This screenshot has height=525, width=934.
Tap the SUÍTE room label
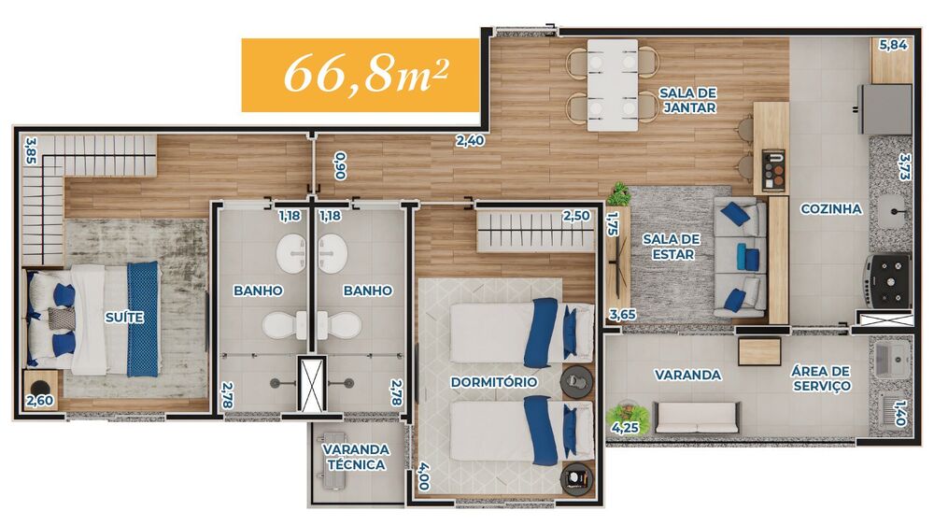pos(124,318)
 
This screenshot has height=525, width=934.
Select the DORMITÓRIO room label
pos(493,382)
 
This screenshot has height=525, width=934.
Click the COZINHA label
pos(830,209)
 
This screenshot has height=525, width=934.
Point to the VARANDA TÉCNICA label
pos(356,457)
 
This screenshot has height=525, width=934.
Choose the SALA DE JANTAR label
pos(687,100)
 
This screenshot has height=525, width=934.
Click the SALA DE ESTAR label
pos(671,246)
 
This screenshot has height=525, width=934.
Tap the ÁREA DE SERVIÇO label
pos(822,378)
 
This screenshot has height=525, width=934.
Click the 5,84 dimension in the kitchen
pos(893,44)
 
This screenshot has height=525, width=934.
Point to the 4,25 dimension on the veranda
pos(625,428)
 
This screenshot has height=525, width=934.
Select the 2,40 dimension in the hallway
pos(470,142)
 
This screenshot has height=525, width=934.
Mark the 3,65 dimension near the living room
pos(622,315)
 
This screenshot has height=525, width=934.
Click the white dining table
pos(612,84)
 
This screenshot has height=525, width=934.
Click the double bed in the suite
pos(103,319)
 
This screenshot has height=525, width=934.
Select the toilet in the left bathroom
pos(282,325)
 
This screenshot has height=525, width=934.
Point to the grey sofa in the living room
pos(740,257)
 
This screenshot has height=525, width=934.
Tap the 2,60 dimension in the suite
pos(39,401)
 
